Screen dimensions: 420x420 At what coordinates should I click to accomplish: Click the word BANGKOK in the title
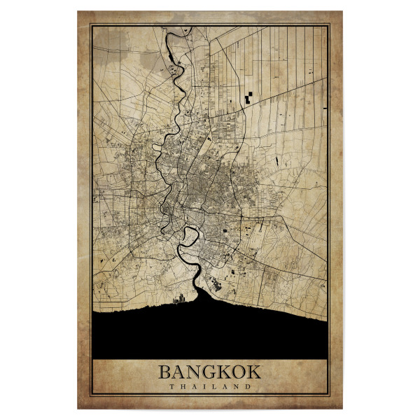(209, 371)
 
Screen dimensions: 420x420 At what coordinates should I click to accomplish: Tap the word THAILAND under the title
(209, 386)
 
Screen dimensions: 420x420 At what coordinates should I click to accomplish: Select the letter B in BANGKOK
(164, 371)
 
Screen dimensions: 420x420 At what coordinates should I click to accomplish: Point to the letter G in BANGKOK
(209, 371)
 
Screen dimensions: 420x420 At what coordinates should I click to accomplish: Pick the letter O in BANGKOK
(239, 371)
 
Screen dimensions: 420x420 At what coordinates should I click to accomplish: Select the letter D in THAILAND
(248, 386)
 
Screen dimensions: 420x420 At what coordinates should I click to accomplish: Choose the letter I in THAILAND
(204, 386)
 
